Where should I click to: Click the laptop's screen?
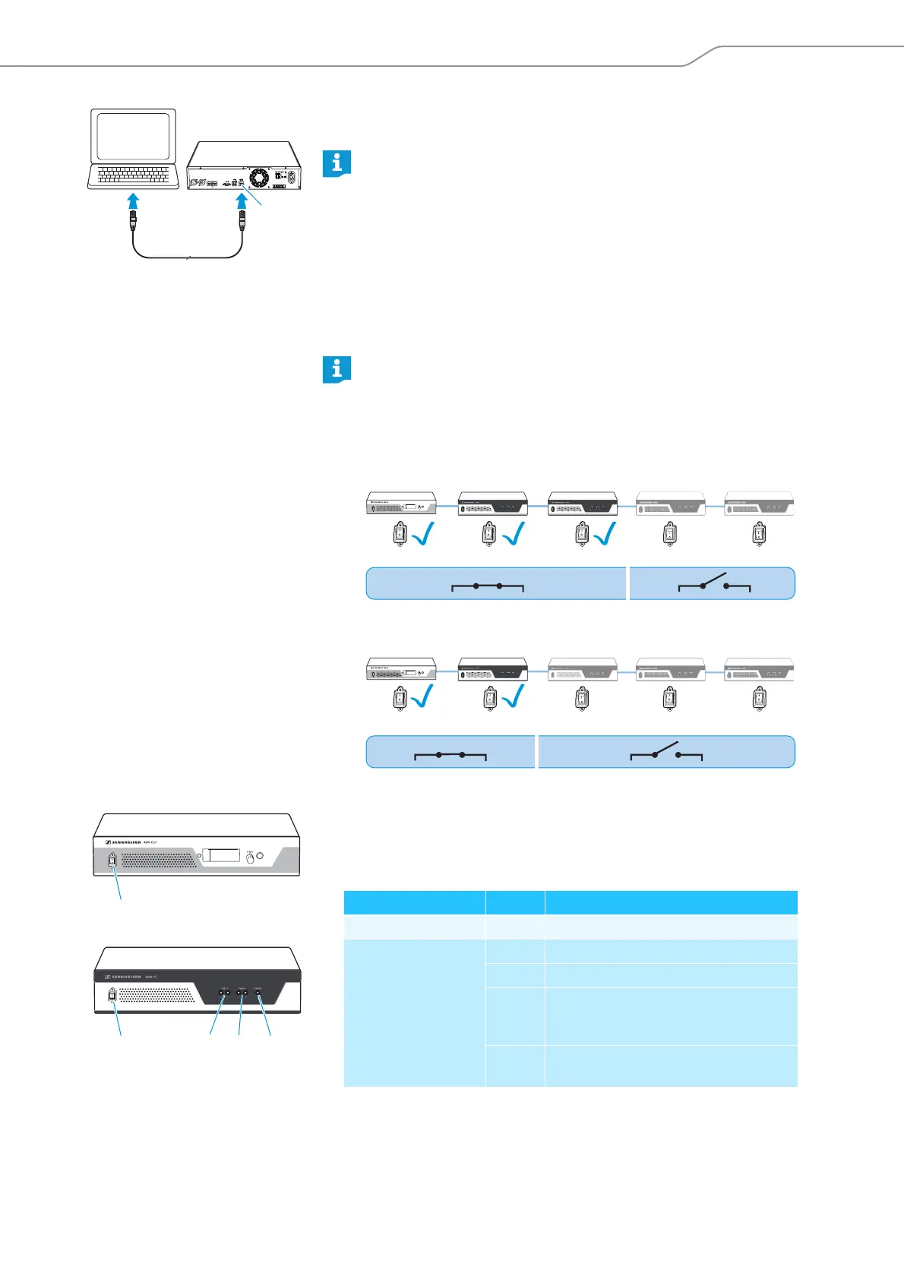click(134, 137)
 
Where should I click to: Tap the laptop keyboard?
click(134, 175)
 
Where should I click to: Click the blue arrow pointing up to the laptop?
click(133, 201)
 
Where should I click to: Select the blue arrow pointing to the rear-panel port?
click(242, 201)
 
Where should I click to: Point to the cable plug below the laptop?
click(133, 225)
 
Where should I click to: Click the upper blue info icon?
click(337, 163)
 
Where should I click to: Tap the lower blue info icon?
click(337, 369)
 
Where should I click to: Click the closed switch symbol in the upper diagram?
click(488, 586)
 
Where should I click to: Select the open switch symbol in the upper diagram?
click(714, 584)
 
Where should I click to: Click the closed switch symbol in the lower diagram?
click(450, 755)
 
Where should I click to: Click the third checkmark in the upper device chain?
click(606, 535)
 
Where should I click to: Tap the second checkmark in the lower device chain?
click(514, 696)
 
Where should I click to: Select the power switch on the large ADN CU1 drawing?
click(112, 861)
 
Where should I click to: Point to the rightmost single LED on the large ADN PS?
click(259, 992)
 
